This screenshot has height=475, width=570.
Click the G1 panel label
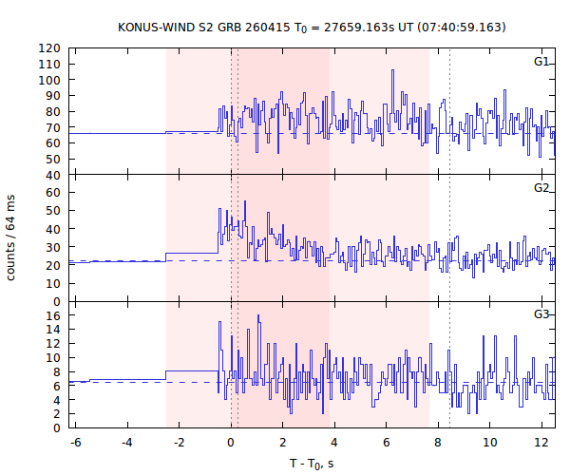tap(541, 62)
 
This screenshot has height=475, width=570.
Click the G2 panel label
tap(541, 188)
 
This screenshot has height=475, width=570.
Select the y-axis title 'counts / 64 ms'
tap(11, 237)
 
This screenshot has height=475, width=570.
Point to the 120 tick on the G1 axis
tap(52, 48)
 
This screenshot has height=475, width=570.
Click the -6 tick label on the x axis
tap(74, 443)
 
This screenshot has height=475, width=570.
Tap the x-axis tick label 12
tap(542, 443)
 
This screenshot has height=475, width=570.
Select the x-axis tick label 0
tap(231, 443)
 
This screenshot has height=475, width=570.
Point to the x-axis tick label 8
tap(439, 443)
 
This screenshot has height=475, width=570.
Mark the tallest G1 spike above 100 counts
tap(390, 70)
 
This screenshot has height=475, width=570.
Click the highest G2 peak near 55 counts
tap(245, 201)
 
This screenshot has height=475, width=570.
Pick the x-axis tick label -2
tap(178, 443)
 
